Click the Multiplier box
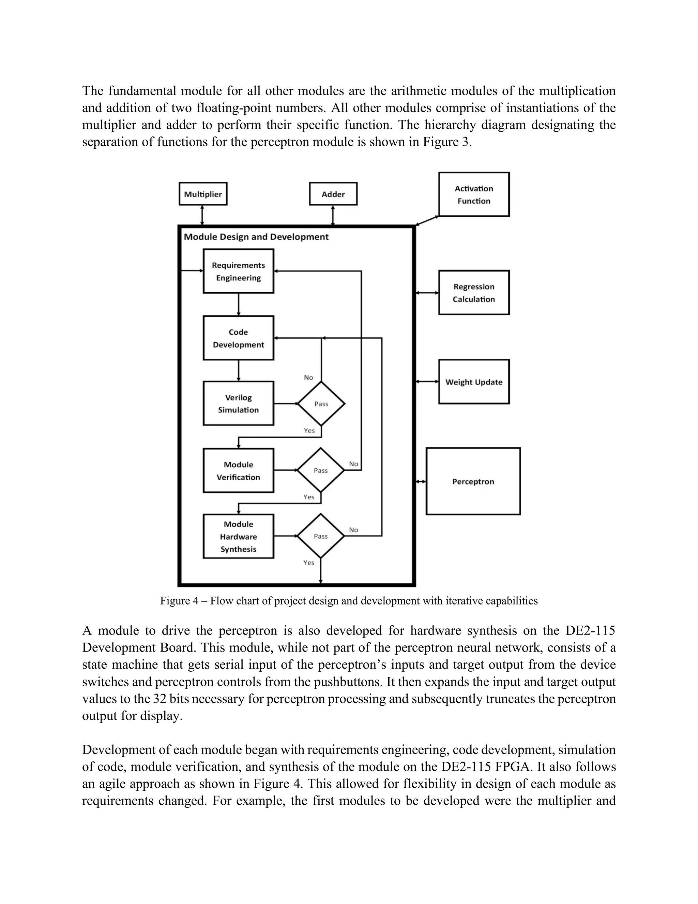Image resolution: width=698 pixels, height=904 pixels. click(203, 194)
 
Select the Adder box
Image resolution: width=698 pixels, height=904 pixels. click(333, 194)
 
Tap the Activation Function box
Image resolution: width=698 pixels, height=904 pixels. click(473, 194)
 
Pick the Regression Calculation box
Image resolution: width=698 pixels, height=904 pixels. click(473, 293)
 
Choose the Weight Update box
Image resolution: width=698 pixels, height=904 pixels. click(473, 382)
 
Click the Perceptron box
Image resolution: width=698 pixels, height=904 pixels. click(473, 481)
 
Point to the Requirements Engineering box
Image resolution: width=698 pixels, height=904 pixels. click(238, 271)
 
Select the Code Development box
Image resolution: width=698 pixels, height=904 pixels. click(238, 338)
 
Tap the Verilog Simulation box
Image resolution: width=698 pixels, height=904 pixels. click(238, 403)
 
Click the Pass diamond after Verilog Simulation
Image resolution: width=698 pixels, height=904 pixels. click(321, 404)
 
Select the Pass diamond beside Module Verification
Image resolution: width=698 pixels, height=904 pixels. click(321, 470)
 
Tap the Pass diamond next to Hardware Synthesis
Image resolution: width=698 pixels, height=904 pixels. click(321, 536)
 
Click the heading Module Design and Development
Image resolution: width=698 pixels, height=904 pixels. click(256, 237)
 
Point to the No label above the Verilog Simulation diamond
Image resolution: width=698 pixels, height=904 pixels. click(308, 378)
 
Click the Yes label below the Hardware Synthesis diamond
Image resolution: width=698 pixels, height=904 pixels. click(308, 563)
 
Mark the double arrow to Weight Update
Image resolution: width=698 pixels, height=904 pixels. click(427, 381)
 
